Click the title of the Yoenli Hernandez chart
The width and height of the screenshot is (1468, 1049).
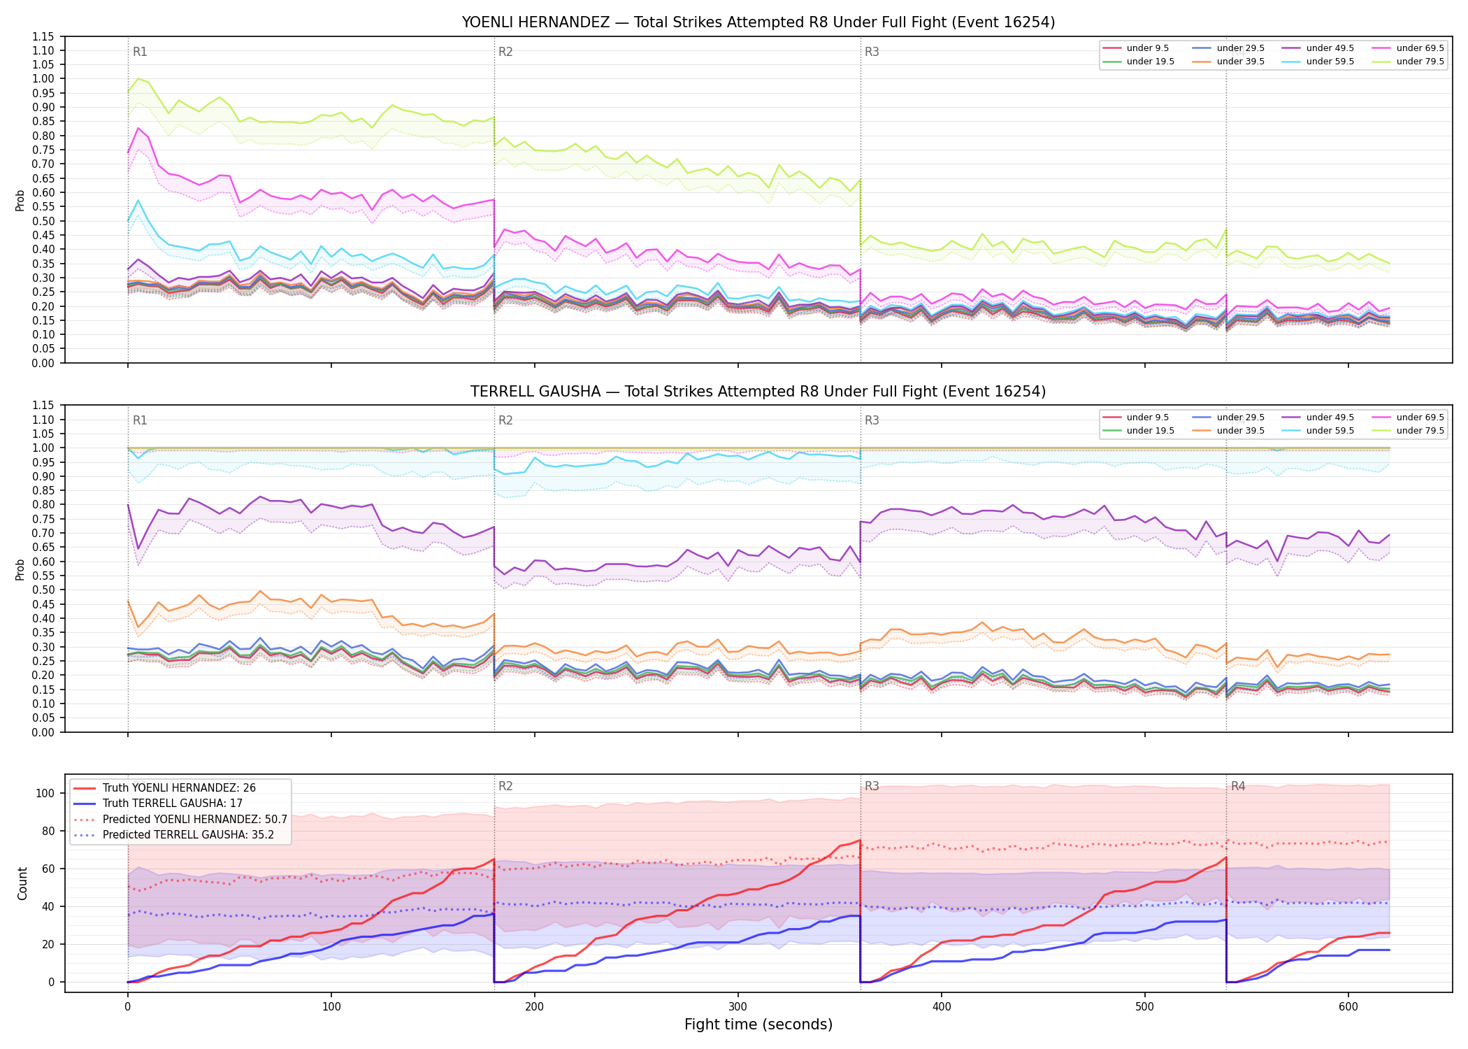click(x=758, y=22)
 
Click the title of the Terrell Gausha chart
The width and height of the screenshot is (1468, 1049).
click(x=758, y=392)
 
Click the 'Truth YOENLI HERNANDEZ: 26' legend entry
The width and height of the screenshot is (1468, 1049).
click(x=165, y=788)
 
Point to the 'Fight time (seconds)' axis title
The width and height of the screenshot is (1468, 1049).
click(x=758, y=1025)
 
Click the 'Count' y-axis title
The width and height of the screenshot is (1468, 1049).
click(x=22, y=884)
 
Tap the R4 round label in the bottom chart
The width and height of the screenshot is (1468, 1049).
click(x=1238, y=786)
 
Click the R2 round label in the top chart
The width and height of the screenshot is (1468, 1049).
click(x=505, y=52)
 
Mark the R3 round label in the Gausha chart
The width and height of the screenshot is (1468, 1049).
click(x=872, y=420)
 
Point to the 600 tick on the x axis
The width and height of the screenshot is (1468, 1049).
click(x=1348, y=1007)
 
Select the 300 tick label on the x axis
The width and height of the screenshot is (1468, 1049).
click(x=738, y=1007)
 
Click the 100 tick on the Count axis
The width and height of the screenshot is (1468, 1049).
click(x=45, y=793)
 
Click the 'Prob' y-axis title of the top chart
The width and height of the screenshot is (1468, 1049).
click(x=20, y=200)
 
